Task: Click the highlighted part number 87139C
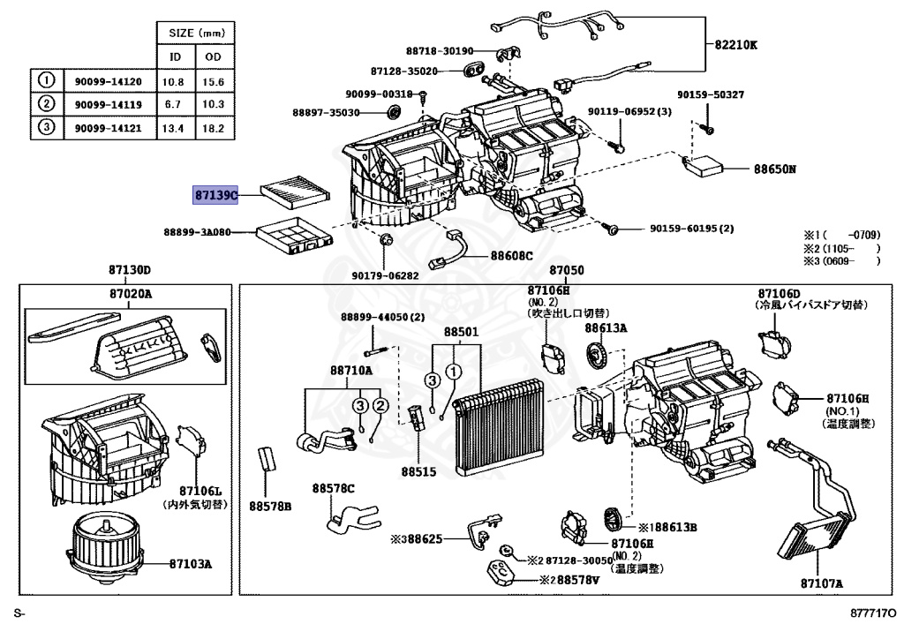tap(216, 194)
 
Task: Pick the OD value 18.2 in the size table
tap(215, 128)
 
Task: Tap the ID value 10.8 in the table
tap(177, 82)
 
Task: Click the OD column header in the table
tap(215, 58)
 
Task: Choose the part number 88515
tap(419, 472)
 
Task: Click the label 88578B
tap(269, 506)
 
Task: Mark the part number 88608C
tap(513, 256)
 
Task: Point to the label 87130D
tap(131, 270)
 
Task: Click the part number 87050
tap(567, 270)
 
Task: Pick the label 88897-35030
tap(327, 113)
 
